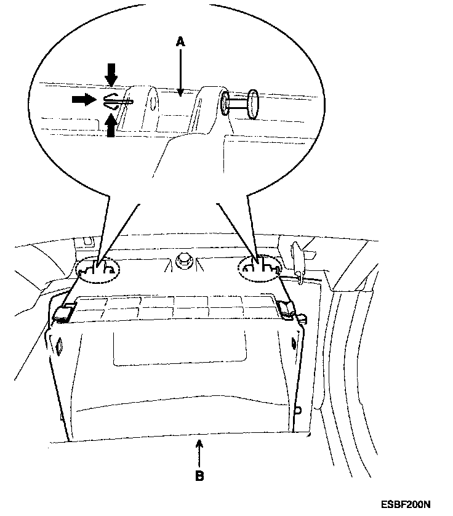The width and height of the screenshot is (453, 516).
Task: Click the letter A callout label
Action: [180, 41]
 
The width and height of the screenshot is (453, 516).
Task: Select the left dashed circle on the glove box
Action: [97, 268]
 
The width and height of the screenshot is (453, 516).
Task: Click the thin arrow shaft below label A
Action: [180, 71]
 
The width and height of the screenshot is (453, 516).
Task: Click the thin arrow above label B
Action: [199, 453]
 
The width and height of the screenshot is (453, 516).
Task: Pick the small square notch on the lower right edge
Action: [299, 409]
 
